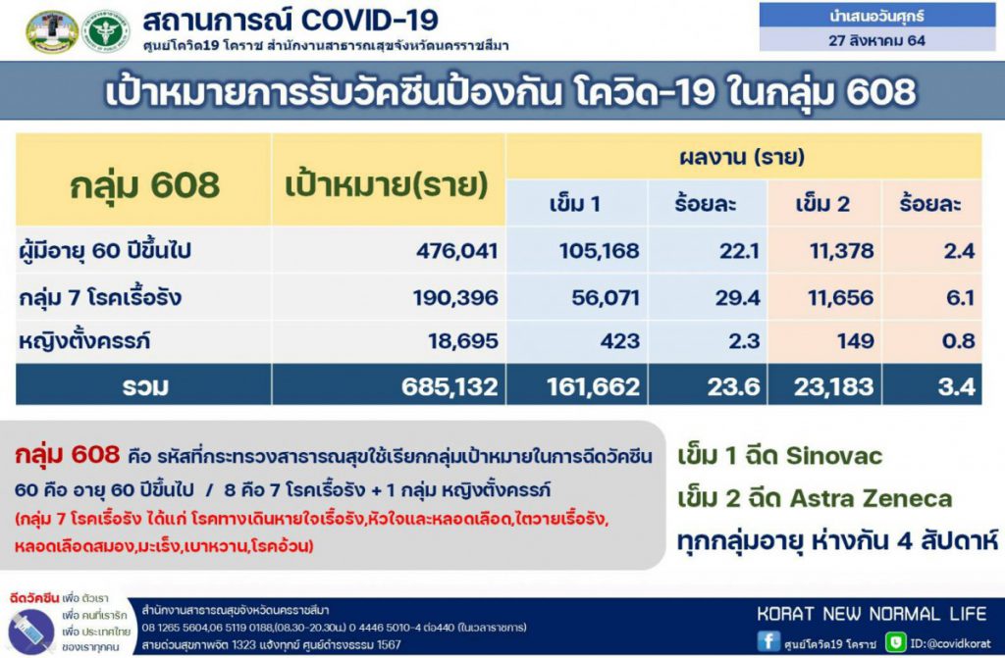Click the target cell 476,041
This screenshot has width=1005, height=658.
pyautogui.click(x=457, y=250)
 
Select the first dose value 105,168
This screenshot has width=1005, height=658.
pyautogui.click(x=600, y=250)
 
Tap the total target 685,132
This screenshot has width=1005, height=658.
pyautogui.click(x=450, y=386)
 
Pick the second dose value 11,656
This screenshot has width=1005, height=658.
pyautogui.click(x=840, y=297)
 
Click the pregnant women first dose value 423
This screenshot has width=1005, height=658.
pyautogui.click(x=620, y=341)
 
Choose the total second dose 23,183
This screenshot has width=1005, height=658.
pyautogui.click(x=834, y=386)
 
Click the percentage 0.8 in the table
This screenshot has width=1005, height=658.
pyautogui.click(x=958, y=341)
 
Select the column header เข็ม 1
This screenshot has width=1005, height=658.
pyautogui.click(x=575, y=204)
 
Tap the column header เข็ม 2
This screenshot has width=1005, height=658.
pyautogui.click(x=822, y=204)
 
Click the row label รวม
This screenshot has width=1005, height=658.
pyautogui.click(x=145, y=386)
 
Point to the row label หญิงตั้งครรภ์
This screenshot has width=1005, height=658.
pyautogui.click(x=84, y=341)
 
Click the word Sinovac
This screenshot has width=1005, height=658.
pyautogui.click(x=834, y=456)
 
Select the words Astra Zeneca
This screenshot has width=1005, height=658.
pyautogui.click(x=872, y=498)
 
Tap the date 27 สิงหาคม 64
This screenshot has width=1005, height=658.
pyautogui.click(x=876, y=40)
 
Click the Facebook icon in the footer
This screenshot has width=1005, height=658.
pyautogui.click(x=768, y=641)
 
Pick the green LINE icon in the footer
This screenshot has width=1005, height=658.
pyautogui.click(x=895, y=642)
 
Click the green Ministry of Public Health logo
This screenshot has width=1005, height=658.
pyautogui.click(x=106, y=31)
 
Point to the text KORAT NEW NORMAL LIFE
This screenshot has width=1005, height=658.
pyautogui.click(x=872, y=614)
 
